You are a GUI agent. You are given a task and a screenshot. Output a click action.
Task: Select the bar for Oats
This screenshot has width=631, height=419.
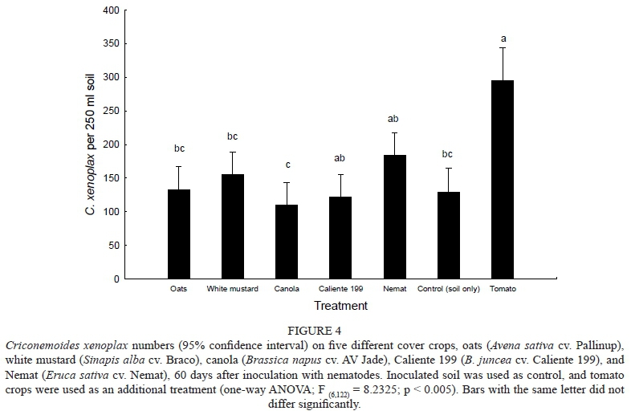click(179, 234)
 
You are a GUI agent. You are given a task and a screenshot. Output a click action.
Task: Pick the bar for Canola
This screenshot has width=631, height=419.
click(287, 242)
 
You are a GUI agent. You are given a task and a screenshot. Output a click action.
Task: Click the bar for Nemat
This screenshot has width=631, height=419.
click(395, 217)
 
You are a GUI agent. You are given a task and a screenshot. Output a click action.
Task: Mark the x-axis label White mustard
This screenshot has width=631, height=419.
click(233, 288)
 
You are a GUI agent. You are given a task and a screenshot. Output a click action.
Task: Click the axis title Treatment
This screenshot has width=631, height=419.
click(340, 306)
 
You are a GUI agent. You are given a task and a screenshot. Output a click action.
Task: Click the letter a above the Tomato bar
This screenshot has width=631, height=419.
click(503, 38)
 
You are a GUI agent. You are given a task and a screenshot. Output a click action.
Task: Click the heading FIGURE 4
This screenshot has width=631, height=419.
click(315, 328)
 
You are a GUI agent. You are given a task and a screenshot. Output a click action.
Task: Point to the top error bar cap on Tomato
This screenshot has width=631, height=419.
click(503, 47)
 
